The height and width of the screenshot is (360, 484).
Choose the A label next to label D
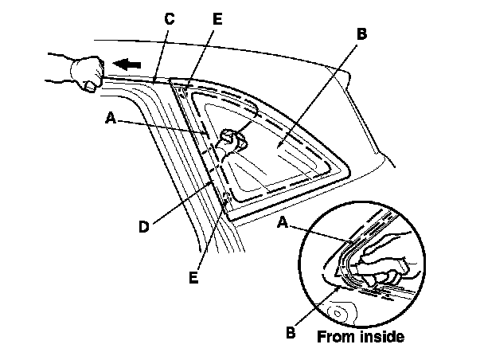[110, 117]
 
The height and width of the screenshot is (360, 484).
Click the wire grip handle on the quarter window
[231, 139]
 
